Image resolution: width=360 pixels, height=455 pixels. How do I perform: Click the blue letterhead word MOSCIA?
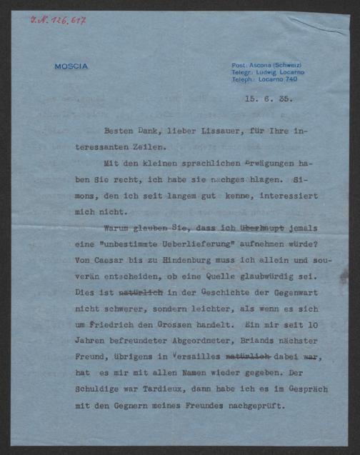pyautogui.click(x=71, y=66)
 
